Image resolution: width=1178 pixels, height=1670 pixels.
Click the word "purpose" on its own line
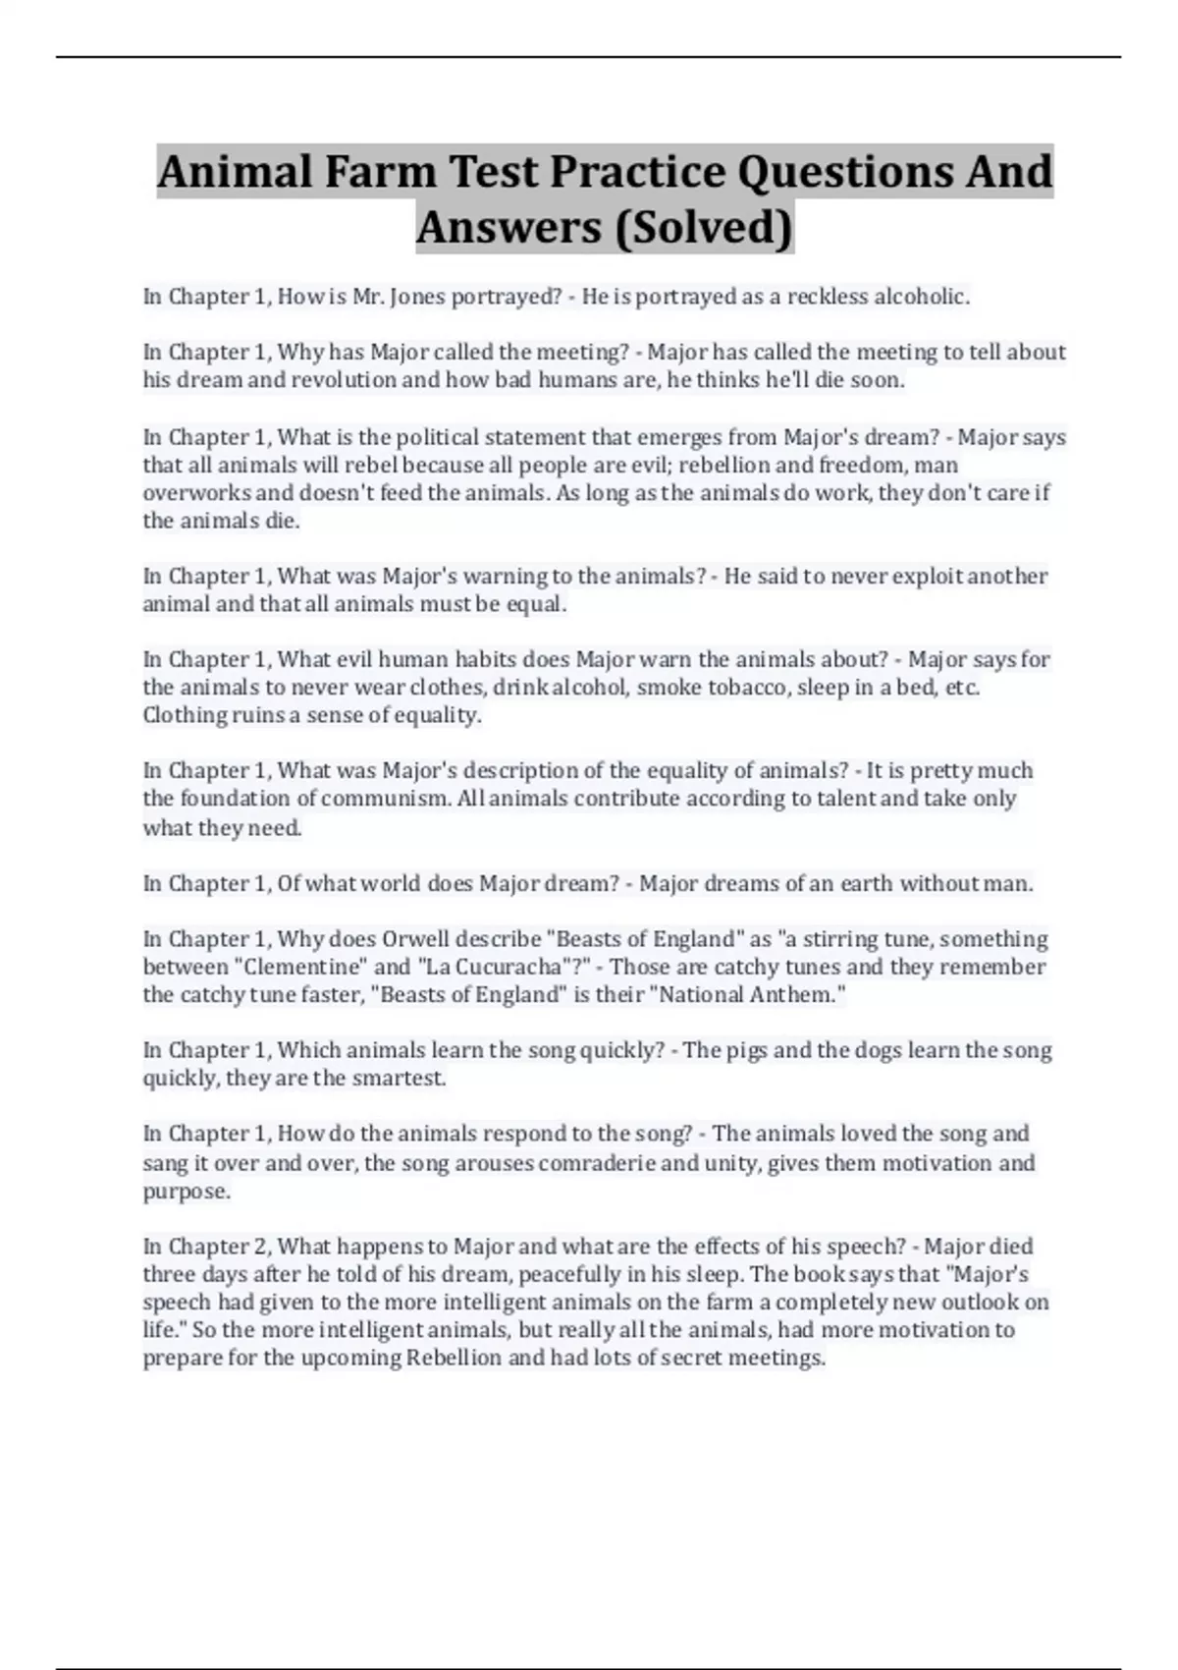[186, 1192]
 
